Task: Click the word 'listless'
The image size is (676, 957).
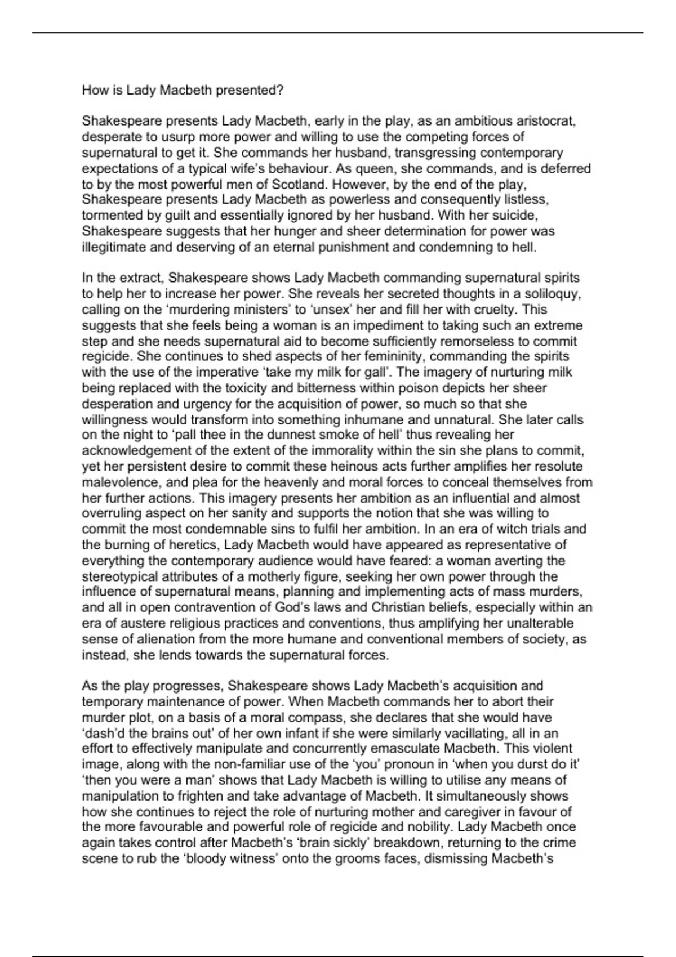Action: pyautogui.click(x=521, y=200)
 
